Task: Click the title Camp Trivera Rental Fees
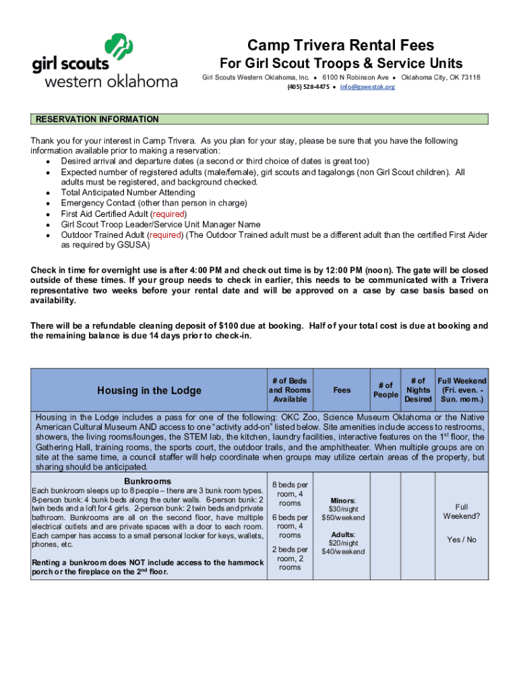point(340,45)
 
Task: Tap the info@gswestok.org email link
point(367,87)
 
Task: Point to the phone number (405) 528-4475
point(308,87)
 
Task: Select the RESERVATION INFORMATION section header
point(97,119)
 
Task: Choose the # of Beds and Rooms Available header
point(290,390)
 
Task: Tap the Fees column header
point(342,390)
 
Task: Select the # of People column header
point(386,390)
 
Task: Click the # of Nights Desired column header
point(418,390)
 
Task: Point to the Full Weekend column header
point(462,390)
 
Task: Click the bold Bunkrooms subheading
point(148,481)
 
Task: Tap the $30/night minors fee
point(343,509)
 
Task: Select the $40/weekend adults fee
point(343,551)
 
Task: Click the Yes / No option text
point(461,540)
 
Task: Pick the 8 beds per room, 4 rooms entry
point(290,494)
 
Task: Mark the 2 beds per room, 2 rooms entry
point(290,558)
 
